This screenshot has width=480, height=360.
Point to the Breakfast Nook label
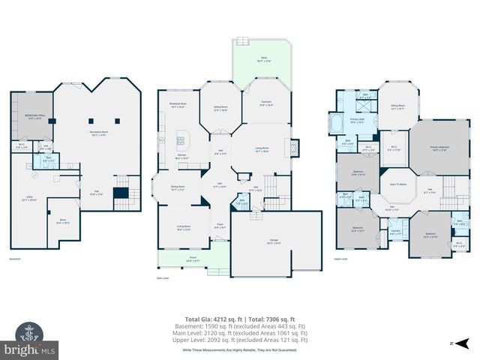[x=178, y=106]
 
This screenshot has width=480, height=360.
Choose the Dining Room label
[x=177, y=189]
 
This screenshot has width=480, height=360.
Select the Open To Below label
[x=398, y=184]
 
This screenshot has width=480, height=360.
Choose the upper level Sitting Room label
[x=397, y=107]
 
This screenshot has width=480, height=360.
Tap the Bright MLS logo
[x=30, y=348]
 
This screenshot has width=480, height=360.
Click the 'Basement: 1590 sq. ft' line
[x=240, y=326]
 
